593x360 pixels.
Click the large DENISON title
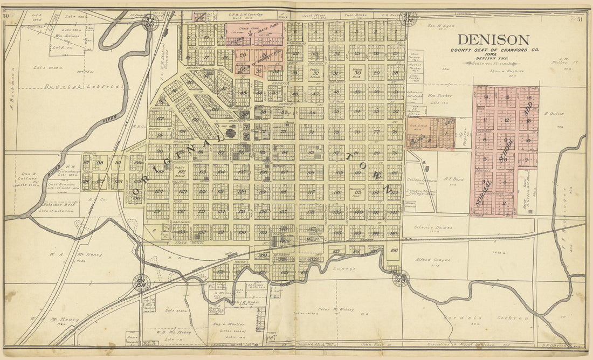[x=493, y=40]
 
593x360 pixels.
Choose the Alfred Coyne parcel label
[x=433, y=260]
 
